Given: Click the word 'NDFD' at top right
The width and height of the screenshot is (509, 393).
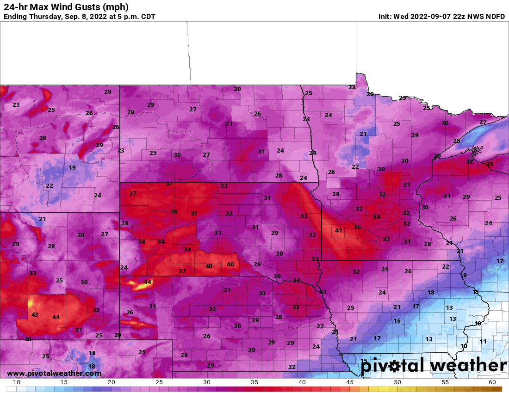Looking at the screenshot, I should pyautogui.click(x=496, y=17).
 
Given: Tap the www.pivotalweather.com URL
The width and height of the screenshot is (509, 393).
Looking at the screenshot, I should pyautogui.click(x=54, y=374).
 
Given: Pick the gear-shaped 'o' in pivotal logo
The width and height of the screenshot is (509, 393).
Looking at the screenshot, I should pyautogui.click(x=394, y=367).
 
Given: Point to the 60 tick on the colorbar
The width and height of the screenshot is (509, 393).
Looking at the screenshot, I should pyautogui.click(x=492, y=382).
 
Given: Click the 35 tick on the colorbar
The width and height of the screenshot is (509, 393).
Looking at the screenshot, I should pyautogui.click(x=254, y=382).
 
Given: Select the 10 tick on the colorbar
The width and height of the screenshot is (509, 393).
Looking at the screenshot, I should pyautogui.click(x=17, y=382).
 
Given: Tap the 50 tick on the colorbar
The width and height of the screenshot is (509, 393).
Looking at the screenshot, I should pyautogui.click(x=397, y=382).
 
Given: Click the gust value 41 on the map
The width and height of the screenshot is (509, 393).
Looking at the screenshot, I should pyautogui.click(x=339, y=230).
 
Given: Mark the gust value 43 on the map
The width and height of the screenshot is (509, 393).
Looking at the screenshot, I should pyautogui.click(x=35, y=314).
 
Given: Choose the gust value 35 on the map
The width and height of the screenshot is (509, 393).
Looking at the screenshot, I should pyautogui.click(x=490, y=164).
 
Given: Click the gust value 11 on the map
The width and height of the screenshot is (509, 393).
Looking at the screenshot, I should pyautogui.click(x=483, y=341).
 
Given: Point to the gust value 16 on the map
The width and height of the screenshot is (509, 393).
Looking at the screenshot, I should pyautogui.click(x=397, y=320).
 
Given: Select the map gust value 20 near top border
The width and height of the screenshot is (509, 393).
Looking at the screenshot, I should pyautogui.click(x=370, y=94).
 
